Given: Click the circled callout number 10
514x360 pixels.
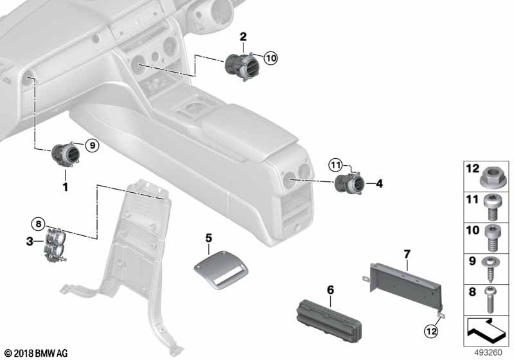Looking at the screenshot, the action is tap(270, 59).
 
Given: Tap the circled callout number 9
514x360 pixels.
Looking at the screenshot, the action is tap(92, 145).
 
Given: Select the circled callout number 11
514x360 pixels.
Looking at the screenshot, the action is tap(335, 165).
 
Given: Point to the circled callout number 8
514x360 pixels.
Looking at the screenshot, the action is tap(39, 224).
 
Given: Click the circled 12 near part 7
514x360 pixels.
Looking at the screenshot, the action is tap(430, 331).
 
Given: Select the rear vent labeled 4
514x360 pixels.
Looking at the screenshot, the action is tap(349, 183).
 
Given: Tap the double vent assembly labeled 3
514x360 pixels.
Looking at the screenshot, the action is tap(54, 244).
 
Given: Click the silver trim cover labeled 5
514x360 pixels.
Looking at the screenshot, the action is tap(221, 271).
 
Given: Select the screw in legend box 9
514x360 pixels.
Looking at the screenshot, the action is tap(491, 269).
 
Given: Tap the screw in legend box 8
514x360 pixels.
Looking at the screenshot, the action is tap(491, 300).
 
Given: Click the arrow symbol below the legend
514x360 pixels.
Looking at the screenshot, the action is tap(486, 329).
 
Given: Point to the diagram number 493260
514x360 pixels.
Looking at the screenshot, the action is tap(488, 353).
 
